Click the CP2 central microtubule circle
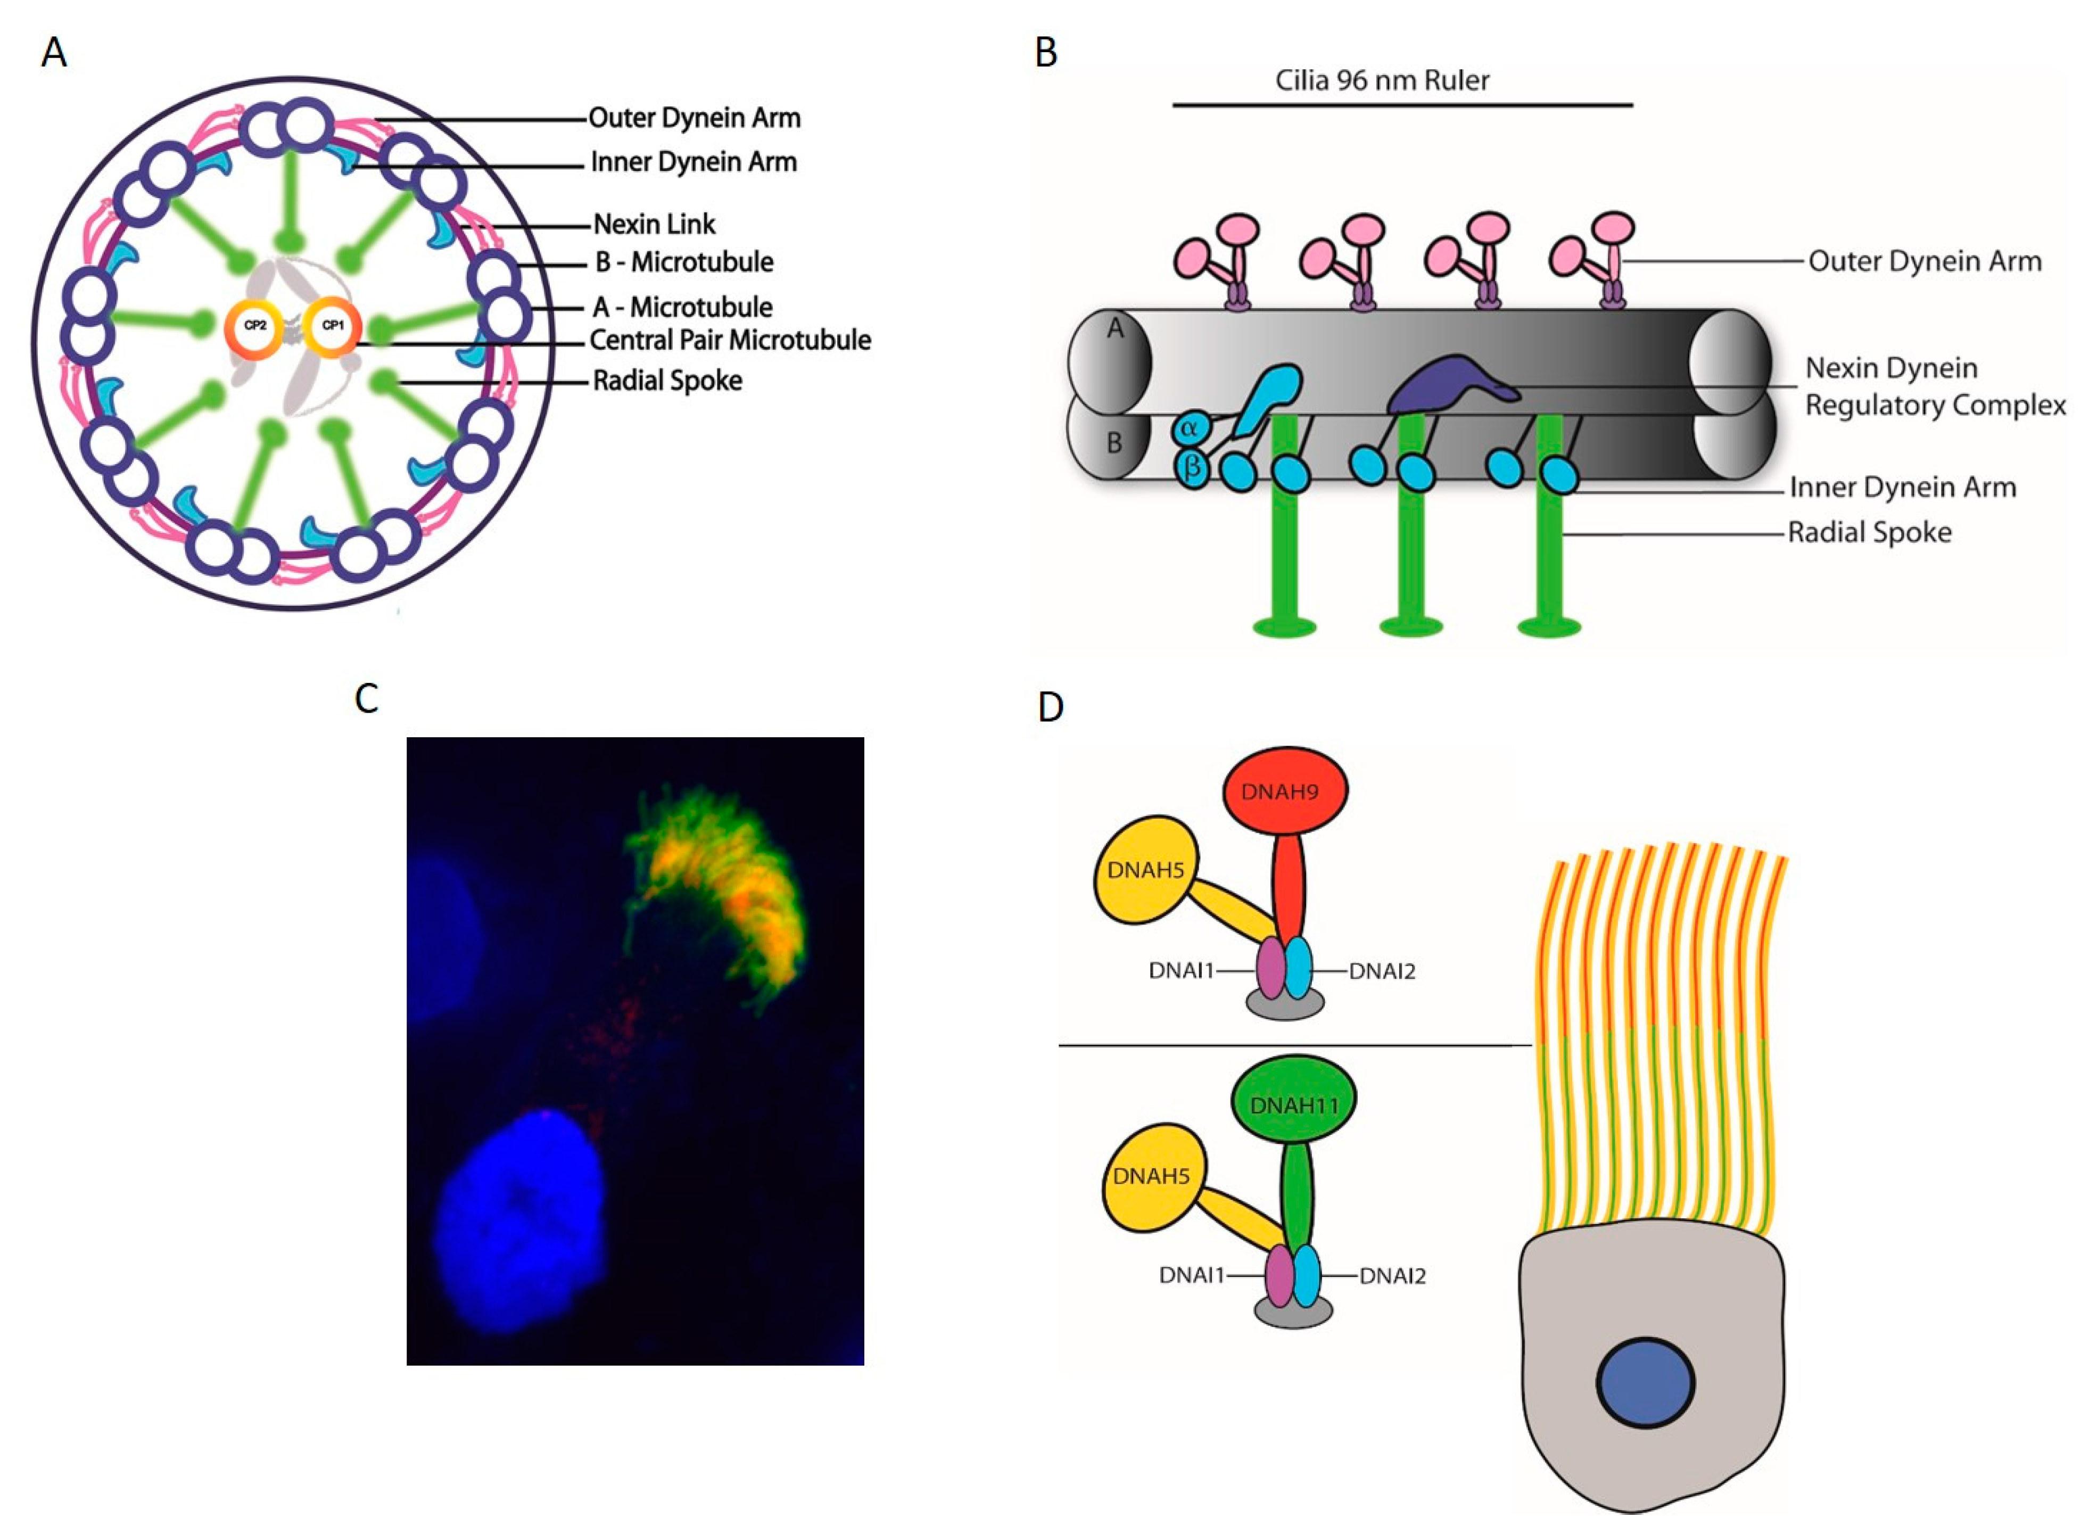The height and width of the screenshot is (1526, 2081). click(254, 327)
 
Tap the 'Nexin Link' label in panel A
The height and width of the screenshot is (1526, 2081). click(654, 225)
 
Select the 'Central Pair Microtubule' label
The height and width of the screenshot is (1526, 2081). click(730, 341)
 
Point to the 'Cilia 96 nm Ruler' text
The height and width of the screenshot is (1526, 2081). click(1382, 81)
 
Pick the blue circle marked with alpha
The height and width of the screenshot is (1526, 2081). click(1190, 428)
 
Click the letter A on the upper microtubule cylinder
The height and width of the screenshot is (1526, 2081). click(1115, 328)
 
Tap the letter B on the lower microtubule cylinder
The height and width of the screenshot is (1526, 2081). click(1114, 443)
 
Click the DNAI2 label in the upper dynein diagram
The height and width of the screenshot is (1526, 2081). click(1382, 971)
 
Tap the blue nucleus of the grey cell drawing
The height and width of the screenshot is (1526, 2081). click(1645, 1383)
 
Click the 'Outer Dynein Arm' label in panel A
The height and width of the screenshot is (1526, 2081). click(693, 118)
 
